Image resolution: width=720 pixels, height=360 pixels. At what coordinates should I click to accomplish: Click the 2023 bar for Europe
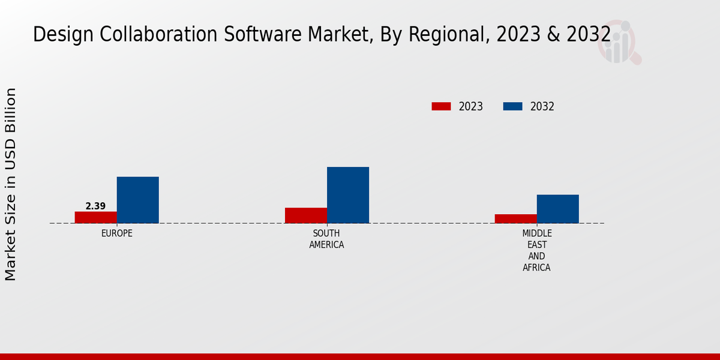tap(96, 217)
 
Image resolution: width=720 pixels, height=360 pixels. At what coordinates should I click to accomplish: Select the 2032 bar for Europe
tap(138, 200)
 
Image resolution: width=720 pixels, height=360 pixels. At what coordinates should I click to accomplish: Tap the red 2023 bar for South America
tap(306, 215)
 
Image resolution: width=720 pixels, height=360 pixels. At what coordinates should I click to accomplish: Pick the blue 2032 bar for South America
tap(348, 195)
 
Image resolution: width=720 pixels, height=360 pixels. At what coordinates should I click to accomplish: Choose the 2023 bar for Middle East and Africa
tap(516, 218)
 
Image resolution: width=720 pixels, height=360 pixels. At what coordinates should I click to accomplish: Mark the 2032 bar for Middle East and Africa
tap(558, 209)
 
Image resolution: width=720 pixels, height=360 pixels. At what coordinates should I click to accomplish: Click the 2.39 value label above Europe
tap(95, 206)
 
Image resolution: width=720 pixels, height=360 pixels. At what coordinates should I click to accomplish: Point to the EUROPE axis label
tap(117, 233)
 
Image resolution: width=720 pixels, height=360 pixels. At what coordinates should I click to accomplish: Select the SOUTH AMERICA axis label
tap(326, 239)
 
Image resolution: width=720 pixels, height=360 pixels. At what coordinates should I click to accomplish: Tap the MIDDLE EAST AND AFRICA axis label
tap(536, 250)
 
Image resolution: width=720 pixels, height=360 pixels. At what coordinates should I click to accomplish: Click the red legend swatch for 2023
tap(441, 106)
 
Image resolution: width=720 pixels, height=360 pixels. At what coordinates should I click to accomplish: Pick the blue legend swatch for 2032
tap(512, 106)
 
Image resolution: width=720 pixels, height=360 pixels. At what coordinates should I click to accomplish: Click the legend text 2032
tap(542, 107)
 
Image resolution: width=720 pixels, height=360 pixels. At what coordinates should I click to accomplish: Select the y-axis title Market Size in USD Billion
tap(11, 184)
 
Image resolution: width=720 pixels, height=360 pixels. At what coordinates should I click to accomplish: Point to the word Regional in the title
tap(447, 35)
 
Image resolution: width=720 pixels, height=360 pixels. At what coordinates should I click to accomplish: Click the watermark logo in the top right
tap(619, 42)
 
